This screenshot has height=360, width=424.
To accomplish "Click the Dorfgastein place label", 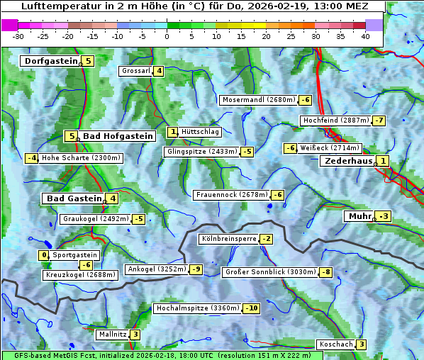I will [x=50, y=61].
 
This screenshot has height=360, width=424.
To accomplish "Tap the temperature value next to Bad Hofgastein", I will [x=70, y=136].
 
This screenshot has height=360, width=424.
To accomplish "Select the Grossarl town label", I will [x=136, y=71].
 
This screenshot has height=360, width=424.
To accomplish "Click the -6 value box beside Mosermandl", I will [x=306, y=100].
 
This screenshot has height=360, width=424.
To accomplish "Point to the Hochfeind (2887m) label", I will [x=336, y=120].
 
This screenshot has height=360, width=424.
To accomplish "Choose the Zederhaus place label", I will [x=347, y=161].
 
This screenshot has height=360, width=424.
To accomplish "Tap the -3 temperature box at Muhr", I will [x=384, y=216].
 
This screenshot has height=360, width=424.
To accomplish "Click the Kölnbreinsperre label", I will [x=228, y=239].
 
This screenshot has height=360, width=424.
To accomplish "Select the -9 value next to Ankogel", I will [x=196, y=269].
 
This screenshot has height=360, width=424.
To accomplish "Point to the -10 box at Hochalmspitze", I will [x=251, y=308].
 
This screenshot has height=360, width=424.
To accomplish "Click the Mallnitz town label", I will [x=113, y=334].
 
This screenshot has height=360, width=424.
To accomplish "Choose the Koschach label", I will [x=336, y=344].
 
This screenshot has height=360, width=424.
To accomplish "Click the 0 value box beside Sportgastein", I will [x=44, y=255].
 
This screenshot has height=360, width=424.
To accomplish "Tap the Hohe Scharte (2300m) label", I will [x=81, y=158].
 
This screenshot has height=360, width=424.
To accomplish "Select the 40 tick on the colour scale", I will [x=365, y=36].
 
